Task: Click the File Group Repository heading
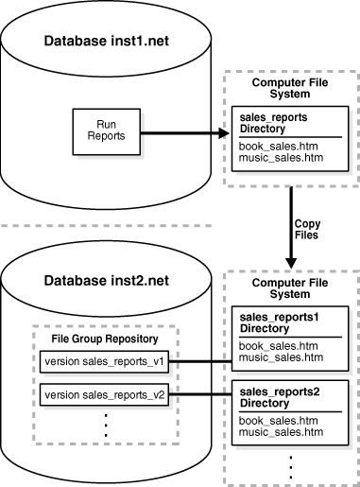tap(106, 337)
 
